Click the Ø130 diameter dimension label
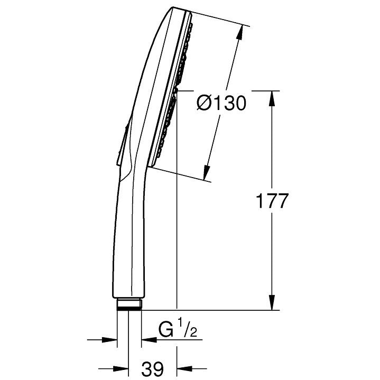pyautogui.click(x=221, y=103)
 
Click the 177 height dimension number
pyautogui.click(x=272, y=201)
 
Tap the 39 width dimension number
pyautogui.click(x=153, y=368)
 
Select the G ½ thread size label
pyautogui.click(x=178, y=328)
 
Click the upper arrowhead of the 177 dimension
pyautogui.click(x=272, y=99)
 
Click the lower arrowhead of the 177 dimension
pyautogui.click(x=272, y=302)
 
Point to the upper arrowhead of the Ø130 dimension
pyautogui.click(x=240, y=32)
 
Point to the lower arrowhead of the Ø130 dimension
pyautogui.click(x=206, y=172)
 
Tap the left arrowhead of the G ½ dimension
pyautogui.click(x=109, y=339)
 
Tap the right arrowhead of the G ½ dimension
pyautogui.click(x=149, y=339)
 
